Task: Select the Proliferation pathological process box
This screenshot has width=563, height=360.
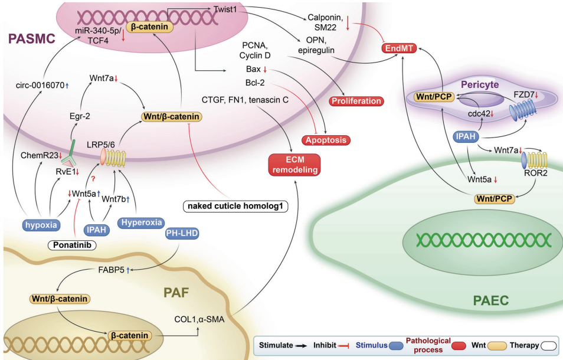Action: pos(356,101)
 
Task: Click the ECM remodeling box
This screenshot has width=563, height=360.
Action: pos(294,164)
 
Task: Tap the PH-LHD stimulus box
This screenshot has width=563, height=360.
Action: pos(182,235)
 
